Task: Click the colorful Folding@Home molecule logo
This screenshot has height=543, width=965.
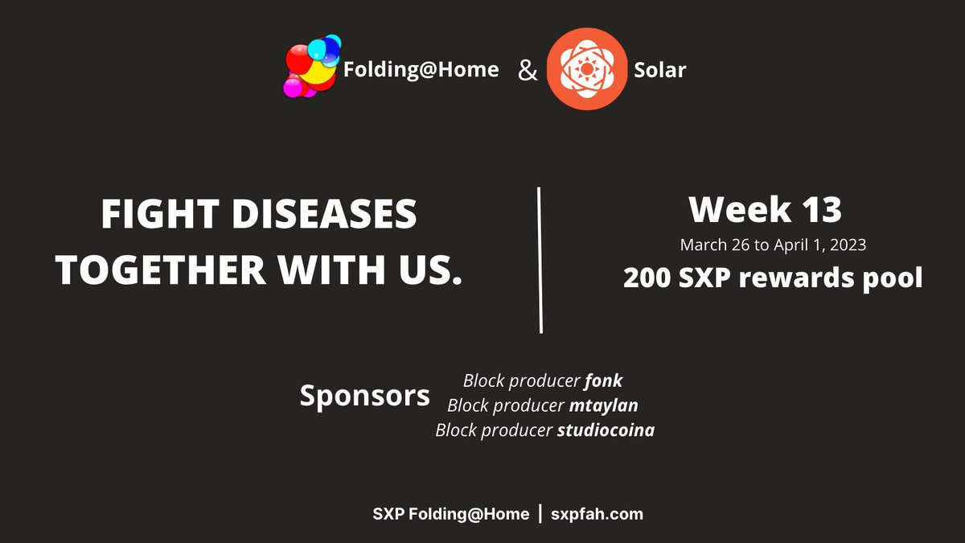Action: [x=310, y=68]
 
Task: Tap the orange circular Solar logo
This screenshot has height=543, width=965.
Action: [x=586, y=69]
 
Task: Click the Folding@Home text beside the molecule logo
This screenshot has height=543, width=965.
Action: [x=421, y=70]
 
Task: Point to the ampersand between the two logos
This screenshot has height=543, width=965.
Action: [x=527, y=71]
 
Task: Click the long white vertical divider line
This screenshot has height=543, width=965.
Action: [x=540, y=260]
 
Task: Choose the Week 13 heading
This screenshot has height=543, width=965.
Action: [x=765, y=210]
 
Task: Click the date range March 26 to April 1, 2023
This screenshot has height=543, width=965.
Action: [x=773, y=245]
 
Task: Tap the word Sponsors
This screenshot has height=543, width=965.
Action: [x=364, y=396]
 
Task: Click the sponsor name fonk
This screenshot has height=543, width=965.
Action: [x=603, y=381]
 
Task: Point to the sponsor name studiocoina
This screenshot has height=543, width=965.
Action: [x=606, y=430]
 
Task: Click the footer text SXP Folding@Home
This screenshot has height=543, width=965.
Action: [x=450, y=514]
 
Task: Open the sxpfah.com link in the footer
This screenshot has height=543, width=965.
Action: [x=597, y=514]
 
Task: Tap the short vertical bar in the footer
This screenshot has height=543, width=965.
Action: [x=540, y=513]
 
